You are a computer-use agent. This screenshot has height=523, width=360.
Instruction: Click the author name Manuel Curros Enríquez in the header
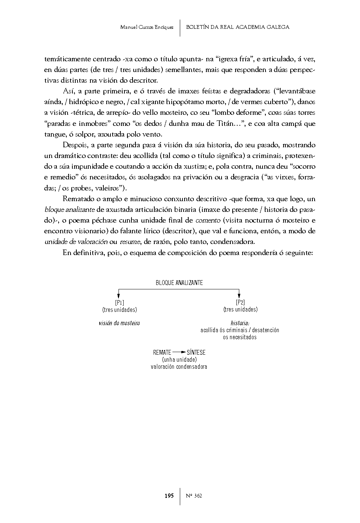[x=147, y=27]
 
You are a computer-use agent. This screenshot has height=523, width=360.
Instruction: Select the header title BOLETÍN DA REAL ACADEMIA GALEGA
[x=238, y=27]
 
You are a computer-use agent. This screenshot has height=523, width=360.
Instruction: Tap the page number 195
[x=169, y=496]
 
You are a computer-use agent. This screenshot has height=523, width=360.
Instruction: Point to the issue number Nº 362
[x=193, y=496]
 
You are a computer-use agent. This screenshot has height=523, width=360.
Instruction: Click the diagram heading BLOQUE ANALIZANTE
[x=179, y=283]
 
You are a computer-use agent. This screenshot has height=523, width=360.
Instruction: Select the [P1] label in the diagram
[x=119, y=303]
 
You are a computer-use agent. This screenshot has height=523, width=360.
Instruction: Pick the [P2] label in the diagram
[x=240, y=303]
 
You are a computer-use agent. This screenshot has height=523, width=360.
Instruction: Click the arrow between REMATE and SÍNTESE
[x=179, y=352]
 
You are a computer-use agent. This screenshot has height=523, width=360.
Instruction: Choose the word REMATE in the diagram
[x=162, y=352]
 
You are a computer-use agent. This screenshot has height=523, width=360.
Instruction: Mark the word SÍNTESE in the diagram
[x=196, y=352]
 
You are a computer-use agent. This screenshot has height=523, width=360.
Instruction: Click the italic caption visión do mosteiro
[x=119, y=323]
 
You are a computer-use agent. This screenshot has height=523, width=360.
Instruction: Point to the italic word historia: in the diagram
[x=240, y=323]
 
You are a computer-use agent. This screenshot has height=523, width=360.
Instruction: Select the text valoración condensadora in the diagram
[x=179, y=367]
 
